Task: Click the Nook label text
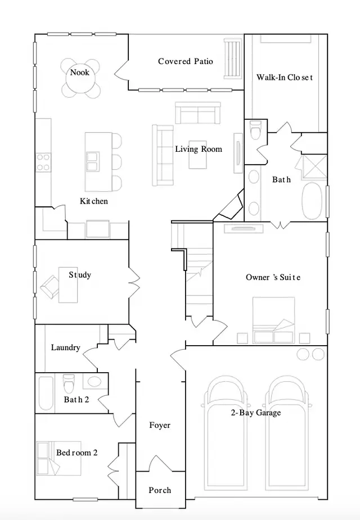pos(79,73)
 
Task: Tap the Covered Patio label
pos(185,61)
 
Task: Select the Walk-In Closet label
pos(284,78)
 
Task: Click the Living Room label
pos(198,149)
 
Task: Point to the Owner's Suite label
pos(273,277)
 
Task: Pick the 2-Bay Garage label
pos(255,413)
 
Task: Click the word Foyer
pos(160,426)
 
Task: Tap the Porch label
pos(160,490)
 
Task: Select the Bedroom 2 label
pos(77,453)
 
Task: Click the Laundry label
pos(66,347)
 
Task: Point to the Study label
pos(80,275)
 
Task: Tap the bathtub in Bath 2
pos(46,393)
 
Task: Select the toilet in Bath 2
pos(69,384)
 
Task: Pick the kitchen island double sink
pos(92,162)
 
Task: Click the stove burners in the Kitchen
pos(43,162)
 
